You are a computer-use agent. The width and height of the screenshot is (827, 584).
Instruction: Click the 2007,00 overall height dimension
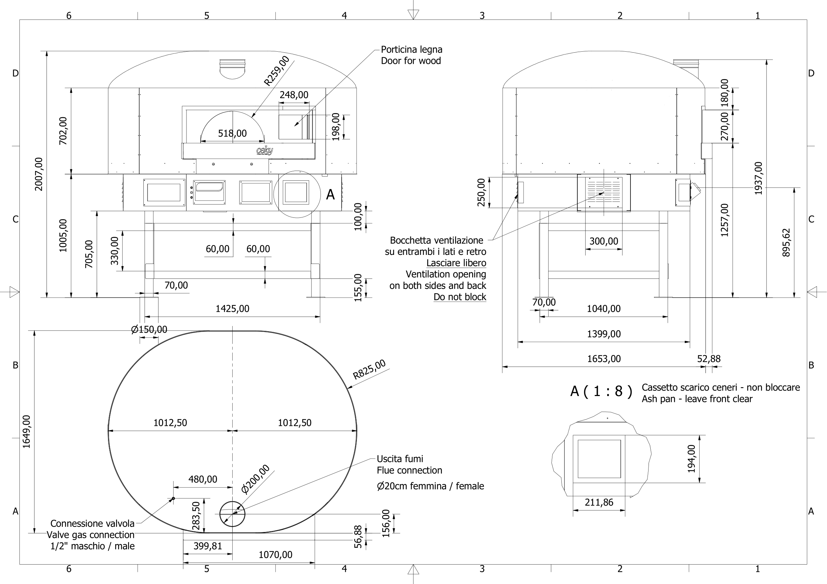(39, 174)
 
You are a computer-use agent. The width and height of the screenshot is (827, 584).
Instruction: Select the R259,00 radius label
(276, 71)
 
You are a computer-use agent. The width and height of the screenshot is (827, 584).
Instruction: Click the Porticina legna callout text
(411, 50)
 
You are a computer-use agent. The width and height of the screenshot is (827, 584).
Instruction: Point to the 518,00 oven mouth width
(232, 134)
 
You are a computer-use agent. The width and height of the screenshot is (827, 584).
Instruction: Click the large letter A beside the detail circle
(330, 195)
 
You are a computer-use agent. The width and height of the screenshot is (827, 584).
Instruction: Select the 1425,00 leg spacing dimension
(232, 309)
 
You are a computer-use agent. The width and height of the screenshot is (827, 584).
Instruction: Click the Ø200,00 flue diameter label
(255, 479)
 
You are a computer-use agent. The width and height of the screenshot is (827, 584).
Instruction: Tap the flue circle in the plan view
(232, 514)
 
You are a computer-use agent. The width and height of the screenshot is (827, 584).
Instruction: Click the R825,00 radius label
(369, 369)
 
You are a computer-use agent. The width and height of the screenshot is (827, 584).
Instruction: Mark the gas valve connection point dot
(173, 498)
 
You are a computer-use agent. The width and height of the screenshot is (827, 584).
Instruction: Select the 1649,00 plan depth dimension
(27, 432)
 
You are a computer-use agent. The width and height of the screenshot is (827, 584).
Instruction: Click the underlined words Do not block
(460, 297)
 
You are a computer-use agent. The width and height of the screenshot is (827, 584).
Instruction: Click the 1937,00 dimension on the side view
(758, 178)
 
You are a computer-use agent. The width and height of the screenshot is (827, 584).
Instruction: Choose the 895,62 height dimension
(786, 242)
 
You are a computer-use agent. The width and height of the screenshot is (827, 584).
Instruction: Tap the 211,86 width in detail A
(599, 502)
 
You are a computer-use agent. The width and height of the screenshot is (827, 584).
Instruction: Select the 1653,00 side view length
(604, 359)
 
